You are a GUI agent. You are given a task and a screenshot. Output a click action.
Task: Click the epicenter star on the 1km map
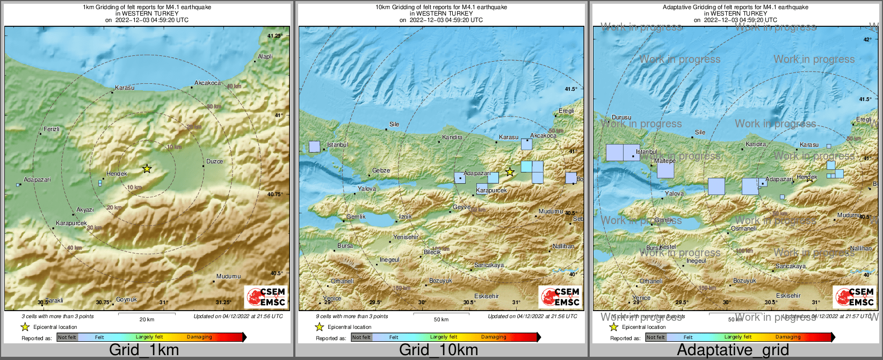pyautogui.click(x=147, y=169)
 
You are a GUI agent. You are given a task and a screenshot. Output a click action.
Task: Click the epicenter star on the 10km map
pyautogui.click(x=510, y=172)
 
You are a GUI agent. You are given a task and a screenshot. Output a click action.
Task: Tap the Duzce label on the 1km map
pyautogui.click(x=214, y=161)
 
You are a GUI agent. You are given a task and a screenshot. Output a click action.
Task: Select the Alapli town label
pyautogui.click(x=265, y=56)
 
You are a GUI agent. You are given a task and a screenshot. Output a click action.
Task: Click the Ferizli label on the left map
pyautogui.click(x=52, y=129)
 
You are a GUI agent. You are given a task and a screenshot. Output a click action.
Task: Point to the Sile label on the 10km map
pyautogui.click(x=394, y=124)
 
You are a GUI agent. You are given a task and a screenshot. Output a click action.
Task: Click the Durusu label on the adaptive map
pyautogui.click(x=621, y=117)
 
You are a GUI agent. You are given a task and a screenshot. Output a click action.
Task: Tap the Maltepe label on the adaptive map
pyautogui.click(x=665, y=161)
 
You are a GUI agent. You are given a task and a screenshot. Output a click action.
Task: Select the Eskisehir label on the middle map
pyautogui.click(x=487, y=296)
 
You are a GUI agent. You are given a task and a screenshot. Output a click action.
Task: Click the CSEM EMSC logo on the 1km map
pyautogui.click(x=266, y=297)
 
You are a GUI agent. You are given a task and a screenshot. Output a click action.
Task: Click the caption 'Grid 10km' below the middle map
pyautogui.click(x=438, y=350)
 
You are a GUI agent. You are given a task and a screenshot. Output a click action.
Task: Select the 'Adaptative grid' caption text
pyautogui.click(x=733, y=350)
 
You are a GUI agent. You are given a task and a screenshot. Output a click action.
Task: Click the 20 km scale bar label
pyautogui.click(x=147, y=319)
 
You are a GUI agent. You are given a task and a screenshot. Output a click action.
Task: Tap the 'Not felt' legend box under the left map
pyautogui.click(x=67, y=337)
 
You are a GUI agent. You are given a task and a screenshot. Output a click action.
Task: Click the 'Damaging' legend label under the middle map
pyautogui.click(x=494, y=337)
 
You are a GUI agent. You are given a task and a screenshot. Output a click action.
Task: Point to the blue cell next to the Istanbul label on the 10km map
pyautogui.click(x=314, y=146)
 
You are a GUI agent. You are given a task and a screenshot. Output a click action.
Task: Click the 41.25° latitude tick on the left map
pyautogui.click(x=274, y=36)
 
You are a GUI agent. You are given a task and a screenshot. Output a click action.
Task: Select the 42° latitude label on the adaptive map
pyautogui.click(x=867, y=40)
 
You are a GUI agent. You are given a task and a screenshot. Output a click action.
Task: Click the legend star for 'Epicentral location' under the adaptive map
pyautogui.click(x=613, y=327)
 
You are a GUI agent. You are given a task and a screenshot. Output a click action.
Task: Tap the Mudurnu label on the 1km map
pyautogui.click(x=228, y=276)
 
